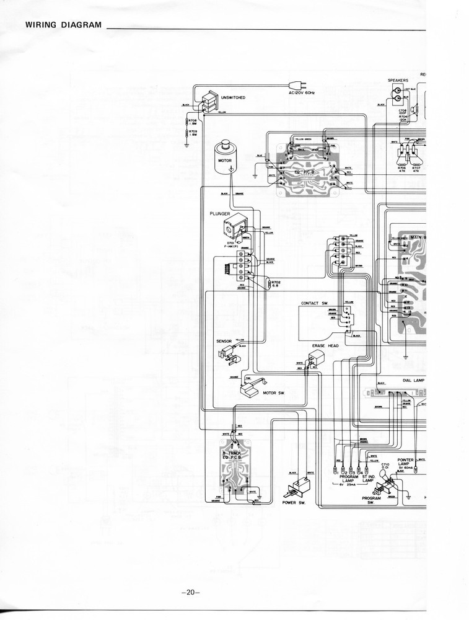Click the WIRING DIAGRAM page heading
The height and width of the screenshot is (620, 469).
point(63,25)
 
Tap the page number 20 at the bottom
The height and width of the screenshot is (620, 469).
point(190,591)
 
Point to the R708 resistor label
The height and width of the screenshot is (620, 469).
point(193,122)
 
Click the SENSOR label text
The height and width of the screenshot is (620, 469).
point(224,341)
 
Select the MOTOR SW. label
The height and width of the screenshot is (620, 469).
point(274,392)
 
